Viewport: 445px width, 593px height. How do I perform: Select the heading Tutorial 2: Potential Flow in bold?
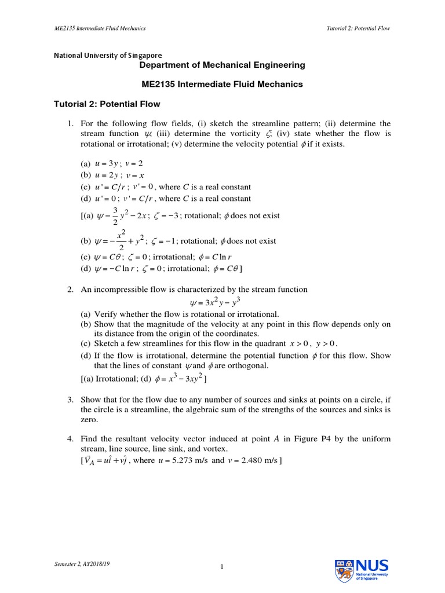(107, 104)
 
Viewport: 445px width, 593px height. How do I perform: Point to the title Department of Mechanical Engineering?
(222, 65)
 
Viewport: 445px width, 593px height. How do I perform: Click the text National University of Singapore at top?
(108, 56)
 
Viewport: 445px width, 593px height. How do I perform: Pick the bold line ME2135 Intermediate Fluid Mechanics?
(222, 84)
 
